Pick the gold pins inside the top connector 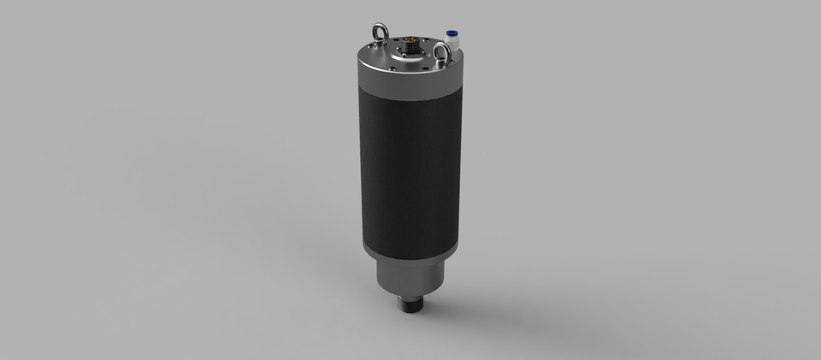pyautogui.click(x=414, y=39)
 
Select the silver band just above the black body pyautogui.click(x=410, y=89)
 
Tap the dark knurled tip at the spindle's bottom pyautogui.click(x=410, y=306)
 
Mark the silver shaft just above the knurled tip pyautogui.click(x=410, y=295)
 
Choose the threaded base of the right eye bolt pyautogui.click(x=441, y=64)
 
